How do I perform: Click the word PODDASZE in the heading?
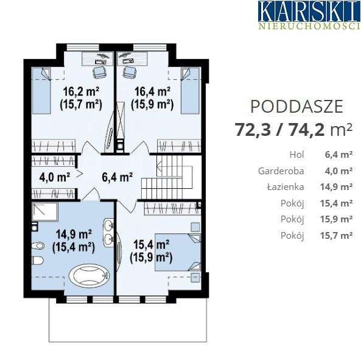296,107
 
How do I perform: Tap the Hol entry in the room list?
297,155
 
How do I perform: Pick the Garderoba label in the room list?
287,171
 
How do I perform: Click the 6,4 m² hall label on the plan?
117,177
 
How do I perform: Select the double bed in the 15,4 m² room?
178,253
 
